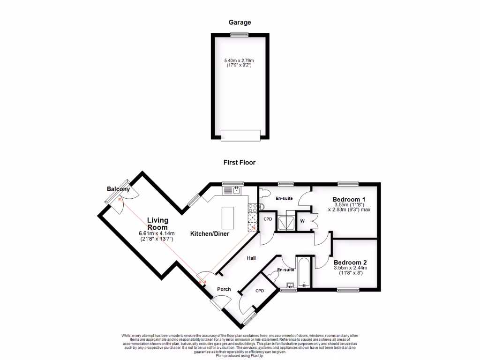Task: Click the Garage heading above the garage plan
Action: click(240, 22)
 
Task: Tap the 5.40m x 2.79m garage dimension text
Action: click(242, 61)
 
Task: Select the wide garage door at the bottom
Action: click(240, 135)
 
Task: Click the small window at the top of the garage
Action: click(240, 34)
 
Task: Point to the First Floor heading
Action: click(239, 163)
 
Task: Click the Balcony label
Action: click(118, 189)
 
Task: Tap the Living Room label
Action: click(157, 224)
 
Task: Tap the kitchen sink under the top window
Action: click(233, 190)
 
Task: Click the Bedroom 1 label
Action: click(349, 199)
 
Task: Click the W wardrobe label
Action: click(302, 221)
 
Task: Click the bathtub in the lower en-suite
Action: click(303, 271)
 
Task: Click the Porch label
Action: click(224, 289)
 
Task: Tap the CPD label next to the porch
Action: click(260, 291)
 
